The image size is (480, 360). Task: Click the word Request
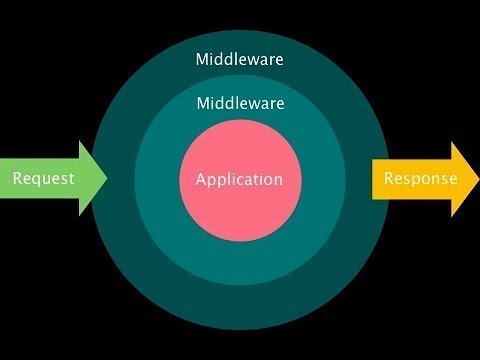[x=43, y=179]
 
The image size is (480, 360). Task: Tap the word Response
[x=421, y=179]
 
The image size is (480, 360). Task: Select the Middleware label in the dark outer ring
[x=240, y=59]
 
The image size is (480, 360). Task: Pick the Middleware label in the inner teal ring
[x=240, y=103]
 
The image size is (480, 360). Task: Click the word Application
[x=240, y=180]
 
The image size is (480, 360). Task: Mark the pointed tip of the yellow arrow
[x=478, y=179]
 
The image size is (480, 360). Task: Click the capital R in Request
[x=17, y=179]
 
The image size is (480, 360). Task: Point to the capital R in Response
[x=388, y=179]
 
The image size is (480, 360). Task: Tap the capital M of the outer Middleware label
[x=202, y=59]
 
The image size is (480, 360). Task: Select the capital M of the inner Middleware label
[x=202, y=103]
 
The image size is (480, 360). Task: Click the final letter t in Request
[x=71, y=179]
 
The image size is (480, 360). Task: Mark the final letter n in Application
[x=279, y=181]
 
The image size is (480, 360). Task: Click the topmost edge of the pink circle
[x=240, y=119]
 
